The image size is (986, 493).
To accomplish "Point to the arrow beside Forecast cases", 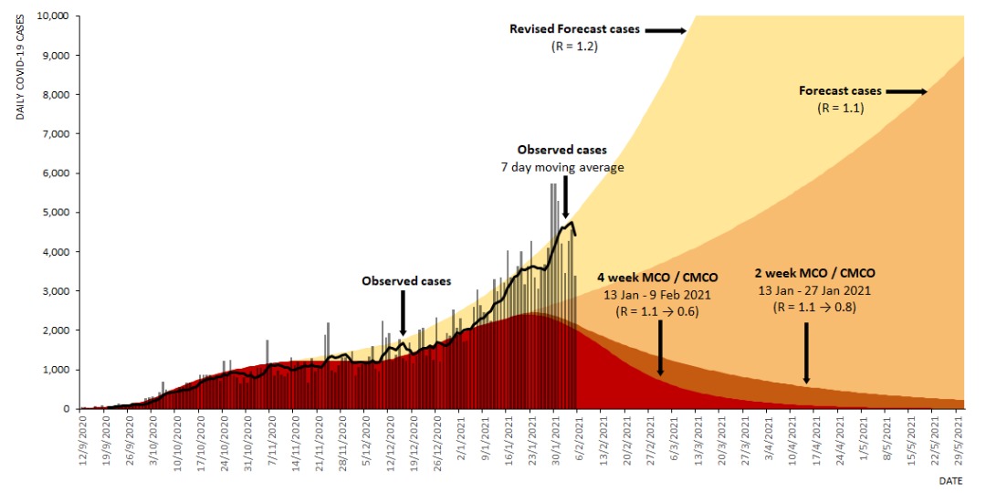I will click(906, 91).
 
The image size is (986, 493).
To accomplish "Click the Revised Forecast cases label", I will click(574, 29).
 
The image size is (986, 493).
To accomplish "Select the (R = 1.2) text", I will click(574, 46).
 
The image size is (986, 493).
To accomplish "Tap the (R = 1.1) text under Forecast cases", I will click(840, 108).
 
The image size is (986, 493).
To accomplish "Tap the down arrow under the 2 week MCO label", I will click(806, 352).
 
